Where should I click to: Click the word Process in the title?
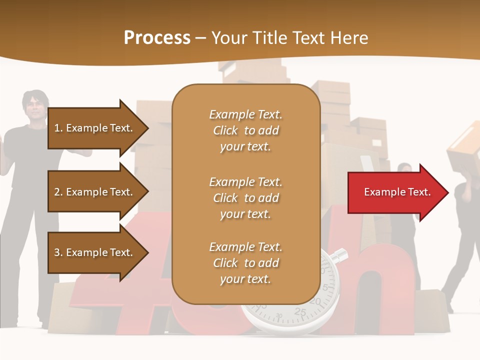[x=157, y=38]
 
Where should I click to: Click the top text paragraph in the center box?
[x=245, y=130]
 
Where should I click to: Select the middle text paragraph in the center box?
[x=245, y=198]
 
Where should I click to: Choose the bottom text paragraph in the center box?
[x=245, y=263]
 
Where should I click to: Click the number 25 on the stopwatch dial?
[x=300, y=312]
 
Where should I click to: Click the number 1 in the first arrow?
[x=57, y=128]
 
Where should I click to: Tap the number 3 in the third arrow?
[x=57, y=252]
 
